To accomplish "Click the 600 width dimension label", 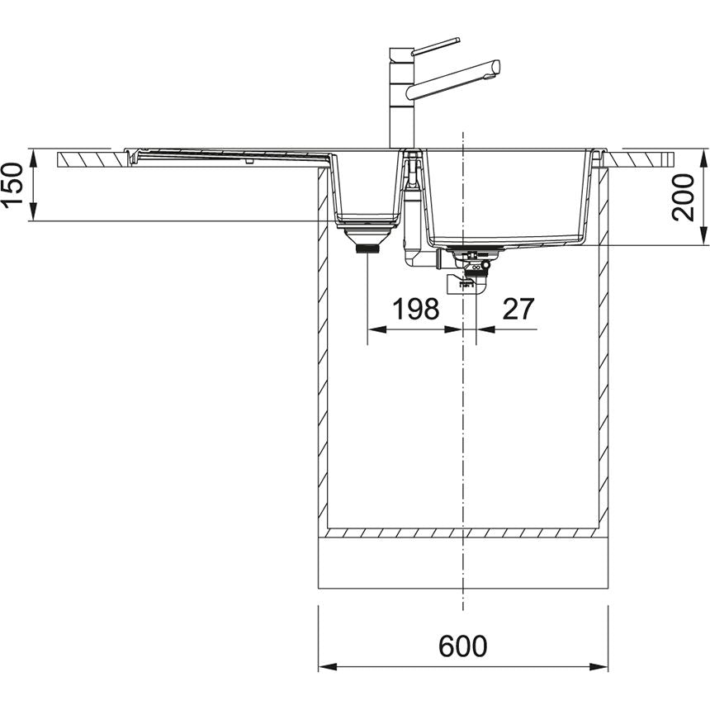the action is (462, 646).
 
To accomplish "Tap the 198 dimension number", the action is (415, 309).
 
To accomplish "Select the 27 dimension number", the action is (518, 309).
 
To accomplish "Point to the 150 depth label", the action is (12, 184).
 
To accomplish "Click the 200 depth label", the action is (683, 197).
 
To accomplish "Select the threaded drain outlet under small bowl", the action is (367, 248).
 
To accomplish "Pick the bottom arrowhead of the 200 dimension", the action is (703, 236).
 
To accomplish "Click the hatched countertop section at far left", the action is (92, 159).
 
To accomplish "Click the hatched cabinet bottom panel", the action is (463, 532).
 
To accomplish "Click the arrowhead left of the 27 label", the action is (485, 329).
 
